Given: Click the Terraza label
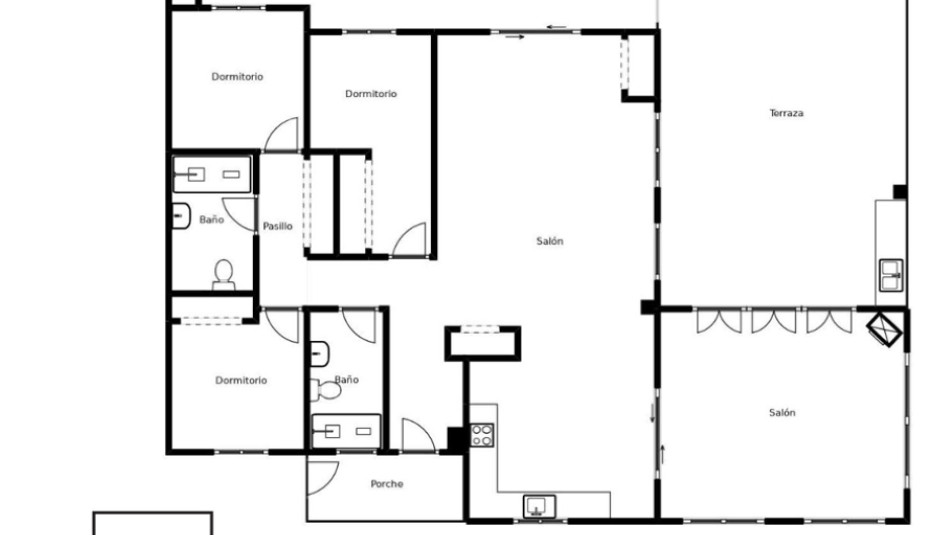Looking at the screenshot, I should pos(787,113).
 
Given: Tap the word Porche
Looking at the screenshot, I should pos(387,484).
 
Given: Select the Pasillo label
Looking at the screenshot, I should pos(277,226).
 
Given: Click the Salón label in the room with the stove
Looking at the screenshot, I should pos(550,241).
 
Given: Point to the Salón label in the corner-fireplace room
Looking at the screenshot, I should pos(782,412).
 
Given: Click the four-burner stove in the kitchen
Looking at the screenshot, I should pos(482,435).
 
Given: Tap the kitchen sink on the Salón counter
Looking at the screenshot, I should pos(539,507).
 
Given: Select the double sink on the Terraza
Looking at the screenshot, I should pos(891,275).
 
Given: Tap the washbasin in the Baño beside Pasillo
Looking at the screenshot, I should pos(180,216).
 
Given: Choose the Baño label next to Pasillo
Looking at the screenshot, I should pos(211,219).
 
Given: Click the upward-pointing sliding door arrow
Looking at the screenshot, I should pos(662,454).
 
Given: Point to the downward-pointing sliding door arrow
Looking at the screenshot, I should pos(652,413).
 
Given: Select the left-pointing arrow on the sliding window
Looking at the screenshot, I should pos(556,27).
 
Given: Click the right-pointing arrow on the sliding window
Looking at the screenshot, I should pos(515,37).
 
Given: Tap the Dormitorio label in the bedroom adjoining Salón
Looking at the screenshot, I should pos(371,94).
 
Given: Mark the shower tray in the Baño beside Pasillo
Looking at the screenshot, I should pos(212,174).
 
